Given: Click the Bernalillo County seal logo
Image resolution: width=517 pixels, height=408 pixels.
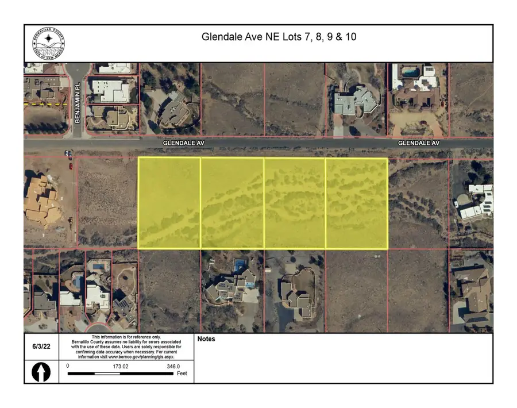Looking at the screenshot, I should tap(48, 43).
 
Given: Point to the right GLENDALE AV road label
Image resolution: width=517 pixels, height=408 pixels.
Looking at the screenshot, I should tap(419, 143).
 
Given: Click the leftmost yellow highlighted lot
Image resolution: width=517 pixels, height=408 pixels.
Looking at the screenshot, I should tap(169, 203).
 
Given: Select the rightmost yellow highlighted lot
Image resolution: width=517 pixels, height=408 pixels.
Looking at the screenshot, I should tap(357, 203).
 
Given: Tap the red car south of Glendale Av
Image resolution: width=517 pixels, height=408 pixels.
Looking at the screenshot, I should tap(71, 167).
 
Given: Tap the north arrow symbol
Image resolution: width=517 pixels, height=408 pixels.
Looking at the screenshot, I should tap(41, 372).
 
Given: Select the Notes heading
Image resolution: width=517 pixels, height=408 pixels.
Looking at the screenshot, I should tap(206, 339).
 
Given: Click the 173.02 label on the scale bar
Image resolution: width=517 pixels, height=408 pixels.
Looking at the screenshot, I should tap(120, 366).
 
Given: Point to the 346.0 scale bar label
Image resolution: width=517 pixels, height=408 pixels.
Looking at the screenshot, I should tap(173, 366).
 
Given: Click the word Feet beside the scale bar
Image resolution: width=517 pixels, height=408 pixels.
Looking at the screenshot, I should tap(182, 374).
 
